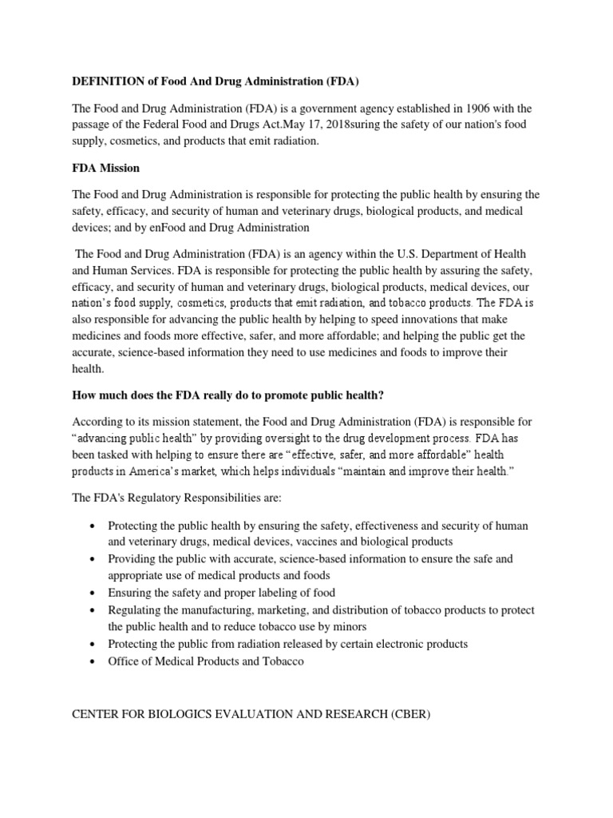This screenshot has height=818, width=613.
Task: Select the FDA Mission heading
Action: coord(106,168)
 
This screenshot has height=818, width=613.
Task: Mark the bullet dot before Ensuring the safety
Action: coord(94,593)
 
